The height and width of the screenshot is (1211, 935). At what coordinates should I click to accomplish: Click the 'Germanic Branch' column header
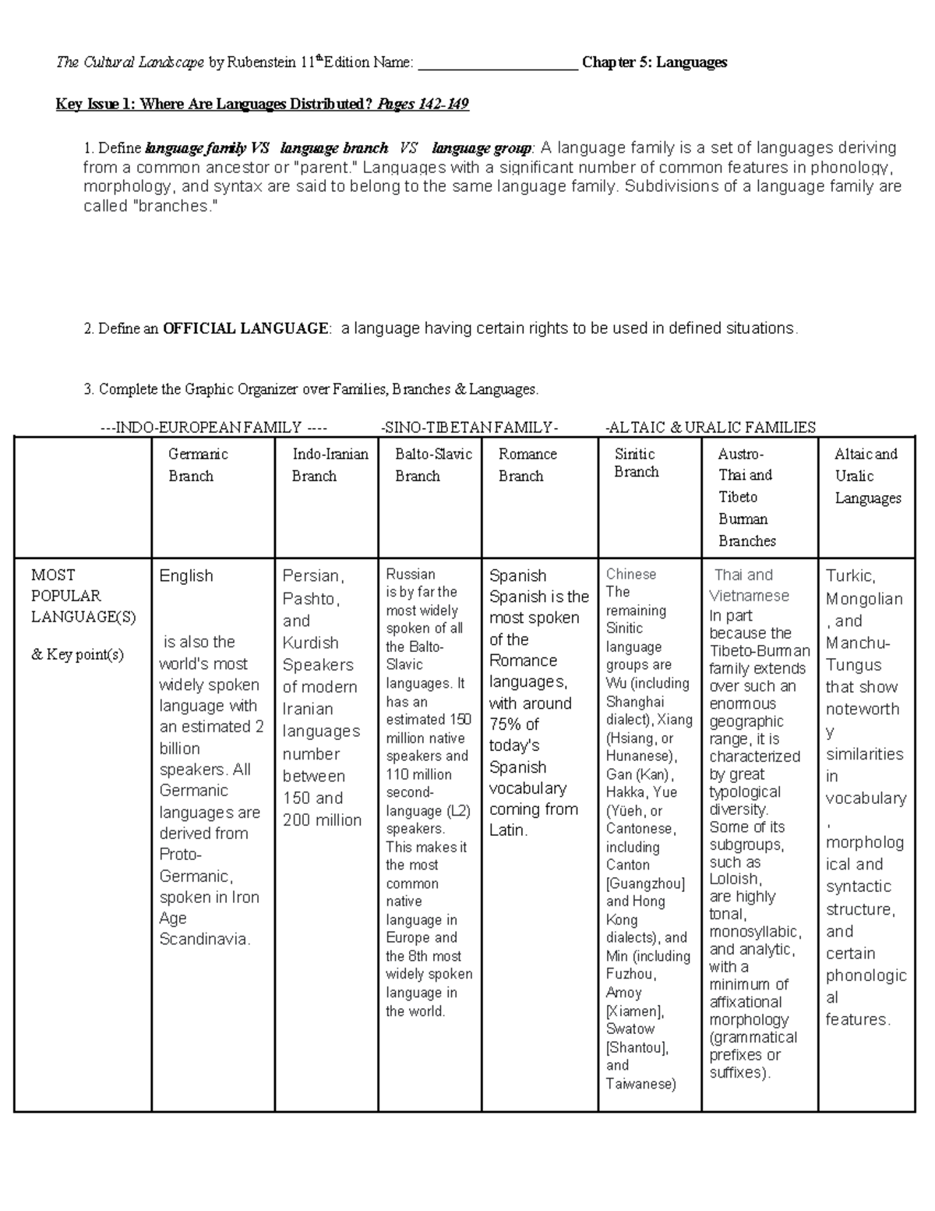198,465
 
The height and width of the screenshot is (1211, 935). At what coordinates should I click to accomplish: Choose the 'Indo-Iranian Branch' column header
330,465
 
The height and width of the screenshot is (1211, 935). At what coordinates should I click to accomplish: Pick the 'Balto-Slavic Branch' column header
433,465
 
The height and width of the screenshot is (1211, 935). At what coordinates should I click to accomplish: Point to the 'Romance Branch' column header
527,465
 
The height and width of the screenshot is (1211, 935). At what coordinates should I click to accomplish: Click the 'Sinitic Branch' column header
636,463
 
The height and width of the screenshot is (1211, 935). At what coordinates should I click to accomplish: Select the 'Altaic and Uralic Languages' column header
867,476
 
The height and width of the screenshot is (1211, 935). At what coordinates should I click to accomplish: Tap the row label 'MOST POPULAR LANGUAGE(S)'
83,596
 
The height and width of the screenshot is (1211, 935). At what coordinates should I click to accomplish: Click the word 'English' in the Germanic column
185,576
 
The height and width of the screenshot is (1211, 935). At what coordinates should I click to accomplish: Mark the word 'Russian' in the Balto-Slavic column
411,574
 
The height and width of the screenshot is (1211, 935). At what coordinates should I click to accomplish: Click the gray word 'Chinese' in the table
631,574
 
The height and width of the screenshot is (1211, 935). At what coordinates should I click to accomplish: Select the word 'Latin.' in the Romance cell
509,830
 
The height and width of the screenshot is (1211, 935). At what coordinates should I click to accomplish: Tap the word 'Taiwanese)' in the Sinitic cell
640,1084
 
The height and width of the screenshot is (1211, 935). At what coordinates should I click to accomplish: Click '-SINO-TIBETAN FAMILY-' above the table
470,427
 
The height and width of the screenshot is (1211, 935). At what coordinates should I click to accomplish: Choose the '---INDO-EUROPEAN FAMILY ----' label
213,427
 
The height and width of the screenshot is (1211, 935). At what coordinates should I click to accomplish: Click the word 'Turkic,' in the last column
851,576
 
